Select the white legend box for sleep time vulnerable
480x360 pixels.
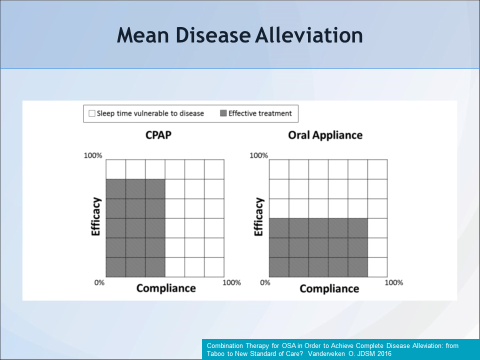[x=91, y=113]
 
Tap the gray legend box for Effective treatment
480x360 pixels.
[x=223, y=113]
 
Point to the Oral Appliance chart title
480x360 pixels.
[x=325, y=135]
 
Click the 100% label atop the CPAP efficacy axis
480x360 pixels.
[x=93, y=155]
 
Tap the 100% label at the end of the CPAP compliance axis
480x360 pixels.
[x=231, y=282]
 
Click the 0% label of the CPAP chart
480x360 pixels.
[x=99, y=282]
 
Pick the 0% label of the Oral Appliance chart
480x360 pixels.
[x=264, y=282]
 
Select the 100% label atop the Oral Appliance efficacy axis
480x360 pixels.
[x=258, y=155]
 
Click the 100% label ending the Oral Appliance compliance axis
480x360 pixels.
[x=393, y=282]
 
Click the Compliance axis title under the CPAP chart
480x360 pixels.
[x=166, y=288]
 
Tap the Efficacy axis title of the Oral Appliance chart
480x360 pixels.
[x=258, y=217]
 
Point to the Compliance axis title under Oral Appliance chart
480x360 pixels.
[x=329, y=289]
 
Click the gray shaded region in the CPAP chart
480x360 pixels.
[x=135, y=228]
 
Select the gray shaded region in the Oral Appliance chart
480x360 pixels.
[x=318, y=247]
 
